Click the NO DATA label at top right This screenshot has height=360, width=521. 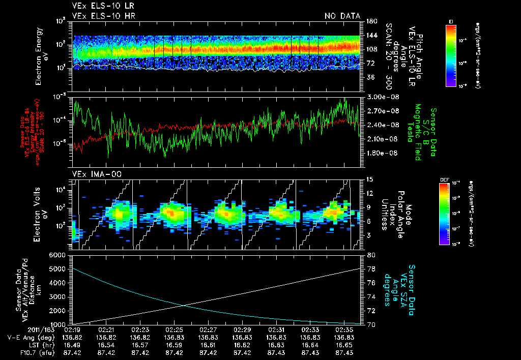(x=342, y=16)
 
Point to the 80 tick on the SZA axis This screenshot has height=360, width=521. (x=371, y=255)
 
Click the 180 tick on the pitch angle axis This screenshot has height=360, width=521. (x=370, y=21)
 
